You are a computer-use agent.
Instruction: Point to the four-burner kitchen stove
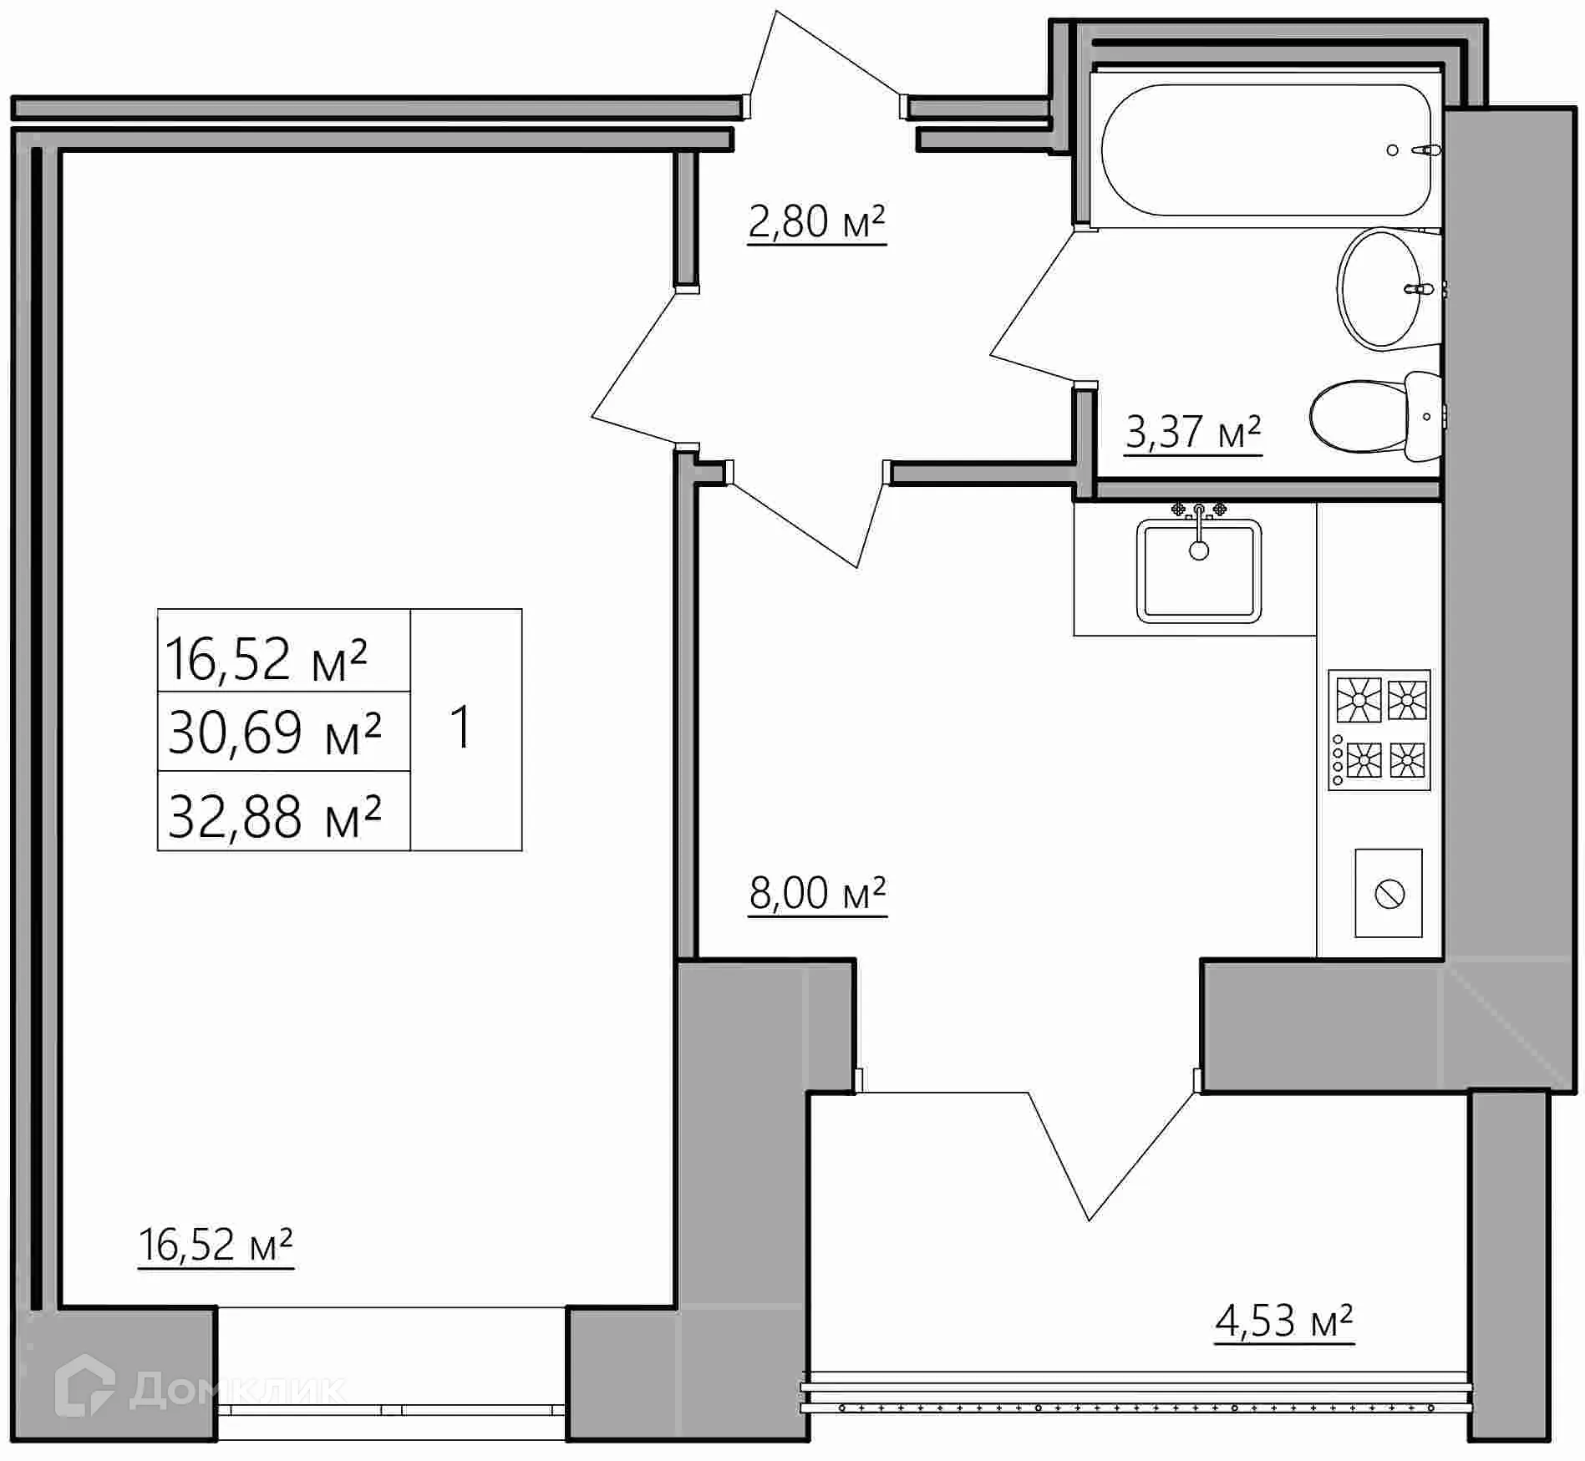pyautogui.click(x=1379, y=730)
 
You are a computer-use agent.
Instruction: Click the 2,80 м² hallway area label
pyautogui.click(x=816, y=222)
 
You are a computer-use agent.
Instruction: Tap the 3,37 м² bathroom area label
pyautogui.click(x=1192, y=433)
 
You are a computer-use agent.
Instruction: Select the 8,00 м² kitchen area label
pyautogui.click(x=817, y=893)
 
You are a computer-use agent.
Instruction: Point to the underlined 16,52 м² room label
pyautogui.click(x=216, y=1245)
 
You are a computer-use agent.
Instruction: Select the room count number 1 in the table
pyautogui.click(x=461, y=727)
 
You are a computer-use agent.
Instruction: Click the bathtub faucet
pyautogui.click(x=1425, y=150)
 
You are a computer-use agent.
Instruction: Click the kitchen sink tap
pyautogui.click(x=1199, y=514)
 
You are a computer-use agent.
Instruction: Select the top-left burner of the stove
pyautogui.click(x=1359, y=698)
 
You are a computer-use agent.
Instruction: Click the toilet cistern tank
pyautogui.click(x=1424, y=416)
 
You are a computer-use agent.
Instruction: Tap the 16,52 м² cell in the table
pyautogui.click(x=267, y=658)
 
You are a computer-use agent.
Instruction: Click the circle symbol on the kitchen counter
pyautogui.click(x=1389, y=893)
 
